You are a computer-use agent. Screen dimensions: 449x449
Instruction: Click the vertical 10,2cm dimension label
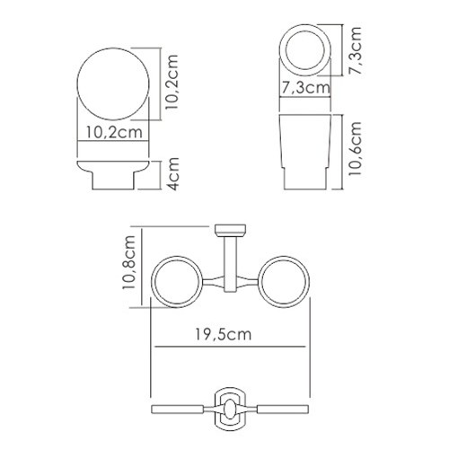pos(172,82)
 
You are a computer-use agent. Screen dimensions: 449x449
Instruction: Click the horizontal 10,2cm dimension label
pos(114,132)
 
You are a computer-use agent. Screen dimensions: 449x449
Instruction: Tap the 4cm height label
pos(173,174)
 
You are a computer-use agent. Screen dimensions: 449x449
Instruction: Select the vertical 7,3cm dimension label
pos(356,51)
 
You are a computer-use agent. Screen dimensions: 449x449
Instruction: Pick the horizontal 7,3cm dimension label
pos(306,88)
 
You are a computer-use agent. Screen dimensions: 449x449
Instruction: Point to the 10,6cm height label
pos(356,148)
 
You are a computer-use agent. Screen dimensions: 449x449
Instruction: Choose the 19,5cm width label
pos(224,334)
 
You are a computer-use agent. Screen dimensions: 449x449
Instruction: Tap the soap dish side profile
pos(113,175)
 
